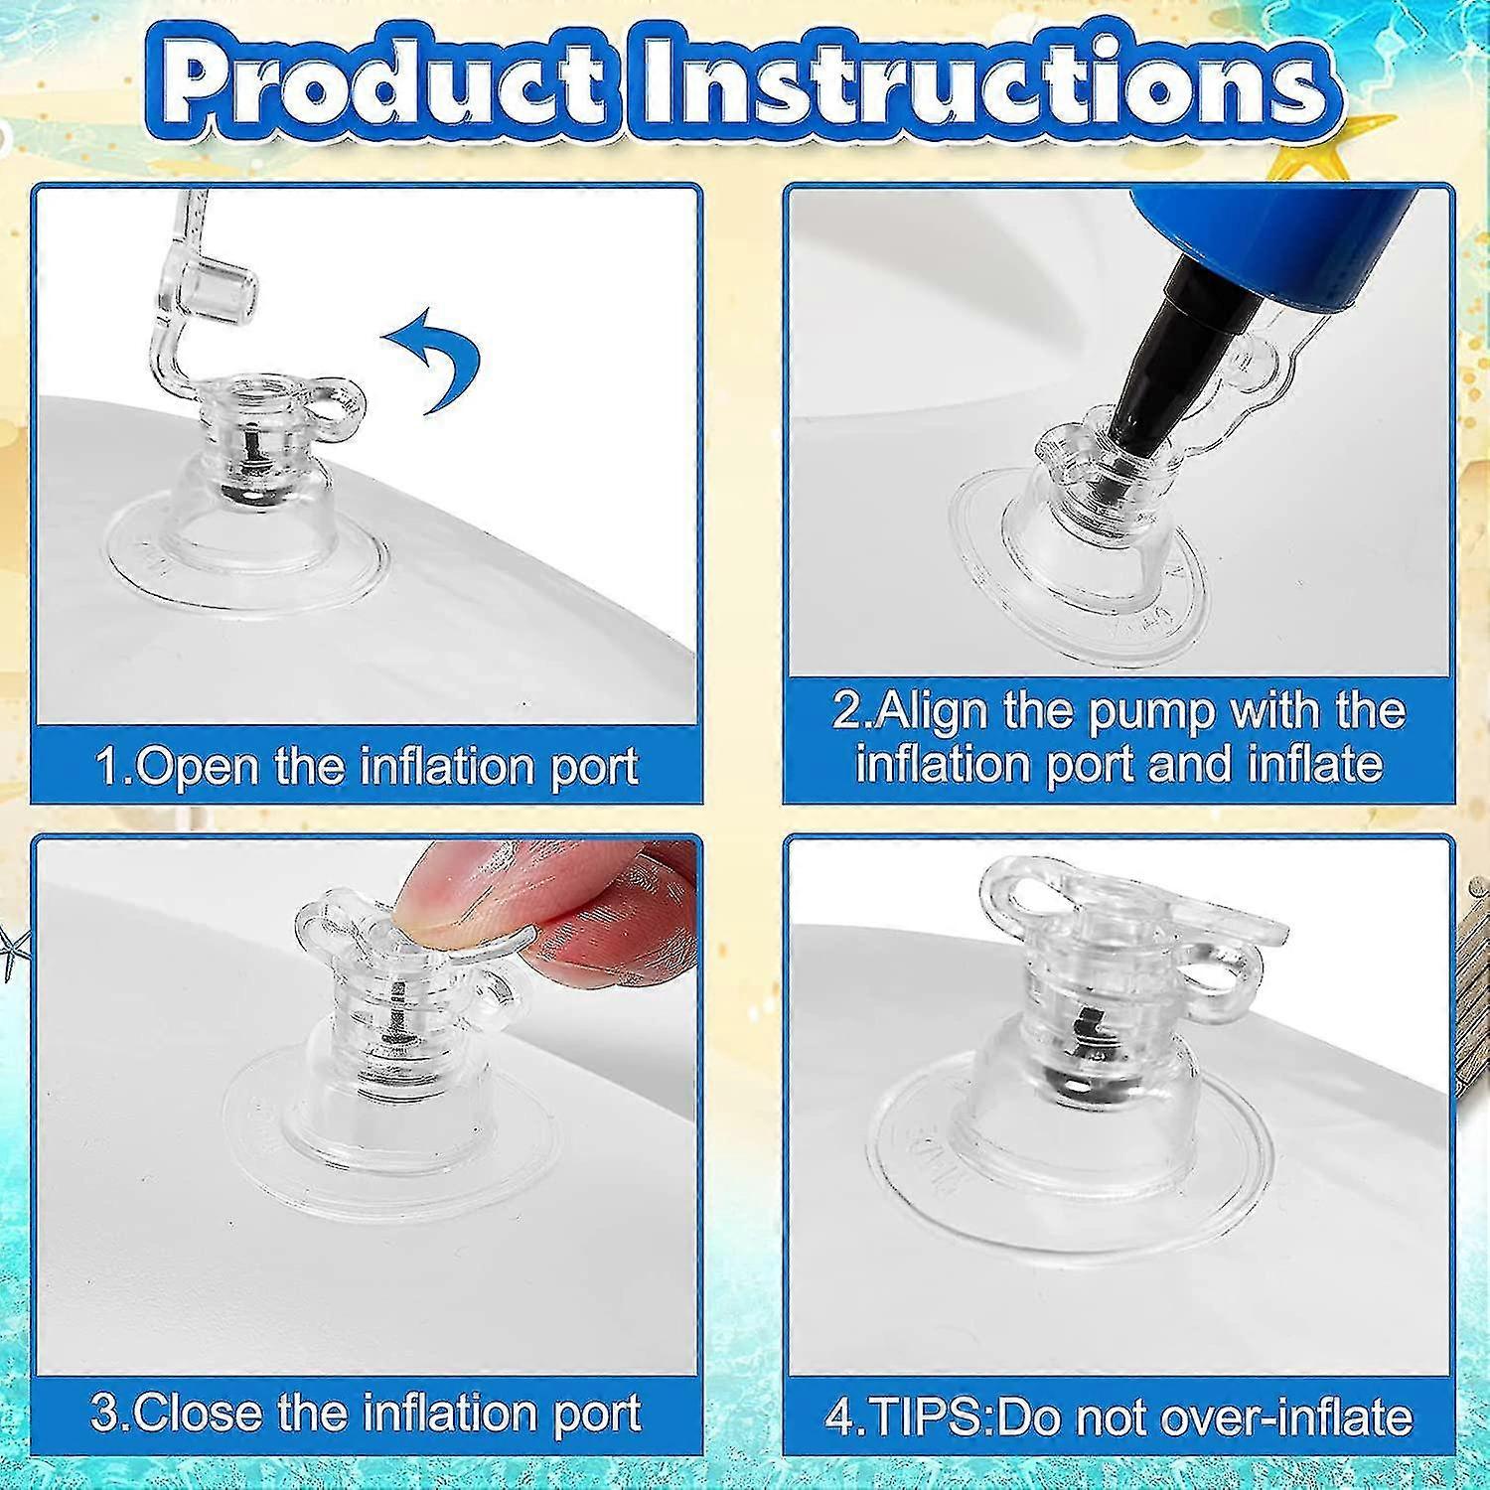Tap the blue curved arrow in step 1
click(434, 362)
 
